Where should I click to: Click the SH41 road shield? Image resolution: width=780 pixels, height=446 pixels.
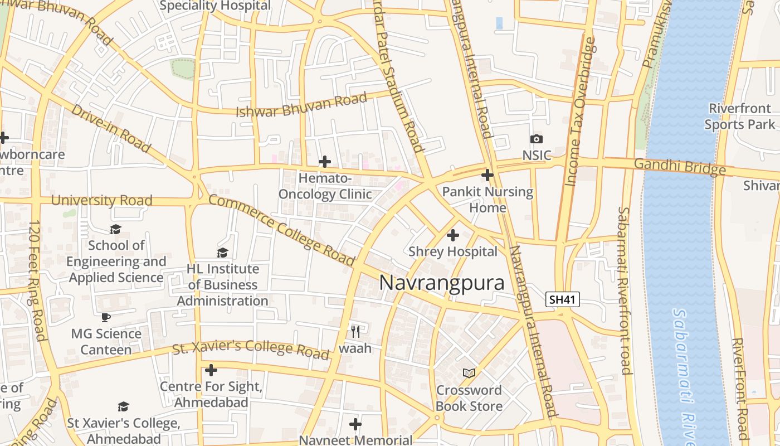pyautogui.click(x=562, y=299)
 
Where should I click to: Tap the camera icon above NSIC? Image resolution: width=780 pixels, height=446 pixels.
pyautogui.click(x=537, y=139)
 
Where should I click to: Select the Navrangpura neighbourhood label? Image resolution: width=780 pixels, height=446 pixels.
pyautogui.click(x=442, y=283)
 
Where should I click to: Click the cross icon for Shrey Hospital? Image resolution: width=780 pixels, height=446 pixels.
pyautogui.click(x=453, y=235)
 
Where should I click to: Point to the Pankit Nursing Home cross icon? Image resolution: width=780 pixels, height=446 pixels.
pyautogui.click(x=487, y=175)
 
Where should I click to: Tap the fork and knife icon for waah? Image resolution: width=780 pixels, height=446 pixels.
pyautogui.click(x=355, y=331)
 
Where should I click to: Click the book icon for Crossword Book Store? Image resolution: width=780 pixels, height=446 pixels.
pyautogui.click(x=469, y=373)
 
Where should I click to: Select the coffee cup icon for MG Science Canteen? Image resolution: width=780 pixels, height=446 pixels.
pyautogui.click(x=106, y=317)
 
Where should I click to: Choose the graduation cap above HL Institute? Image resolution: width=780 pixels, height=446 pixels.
pyautogui.click(x=222, y=253)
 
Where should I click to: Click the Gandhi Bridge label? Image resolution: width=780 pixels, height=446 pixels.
pyautogui.click(x=680, y=166)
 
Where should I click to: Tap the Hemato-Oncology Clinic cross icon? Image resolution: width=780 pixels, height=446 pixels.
pyautogui.click(x=324, y=162)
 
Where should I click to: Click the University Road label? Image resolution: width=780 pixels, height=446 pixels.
pyautogui.click(x=101, y=200)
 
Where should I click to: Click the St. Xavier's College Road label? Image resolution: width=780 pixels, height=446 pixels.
pyautogui.click(x=251, y=349)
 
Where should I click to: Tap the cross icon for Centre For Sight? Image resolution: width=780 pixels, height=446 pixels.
pyautogui.click(x=211, y=370)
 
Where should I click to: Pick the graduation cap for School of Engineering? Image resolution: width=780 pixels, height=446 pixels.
pyautogui.click(x=115, y=229)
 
